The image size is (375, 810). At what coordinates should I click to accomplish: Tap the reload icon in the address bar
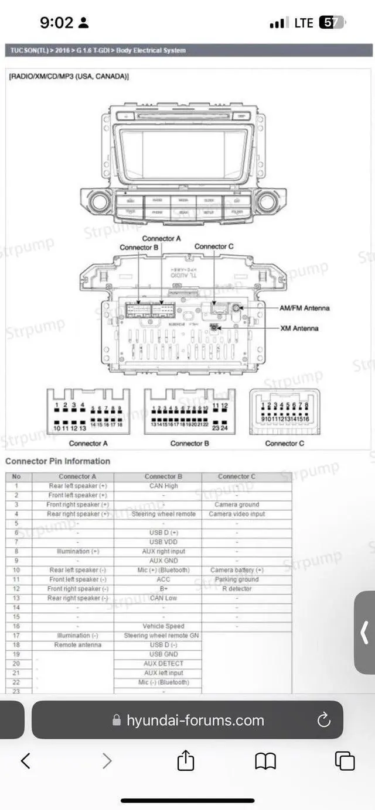point(323,720)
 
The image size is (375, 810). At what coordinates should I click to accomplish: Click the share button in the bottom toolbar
point(185,761)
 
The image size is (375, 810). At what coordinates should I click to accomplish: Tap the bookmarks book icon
point(265,761)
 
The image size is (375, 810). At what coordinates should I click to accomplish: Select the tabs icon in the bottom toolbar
point(345,761)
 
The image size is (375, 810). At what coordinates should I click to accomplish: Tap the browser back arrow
point(25,761)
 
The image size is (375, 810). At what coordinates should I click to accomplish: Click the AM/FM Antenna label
point(304,308)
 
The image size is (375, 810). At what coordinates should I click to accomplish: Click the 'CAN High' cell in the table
point(163,486)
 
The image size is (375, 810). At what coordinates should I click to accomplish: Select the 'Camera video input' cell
point(237,514)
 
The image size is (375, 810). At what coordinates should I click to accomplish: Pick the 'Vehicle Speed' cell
point(163,626)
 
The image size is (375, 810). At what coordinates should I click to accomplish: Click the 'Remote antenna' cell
point(77,645)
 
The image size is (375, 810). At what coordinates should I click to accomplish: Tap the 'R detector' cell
point(237,589)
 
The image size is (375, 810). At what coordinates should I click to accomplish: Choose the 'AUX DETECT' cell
point(163,664)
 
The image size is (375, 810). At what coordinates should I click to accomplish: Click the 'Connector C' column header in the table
point(237,476)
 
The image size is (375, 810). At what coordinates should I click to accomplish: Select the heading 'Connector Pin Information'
point(57,461)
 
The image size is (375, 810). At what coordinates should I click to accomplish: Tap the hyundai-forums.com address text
point(195,720)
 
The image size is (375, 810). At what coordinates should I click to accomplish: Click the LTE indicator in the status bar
point(304,23)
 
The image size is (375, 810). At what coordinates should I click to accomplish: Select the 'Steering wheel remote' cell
point(163,514)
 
